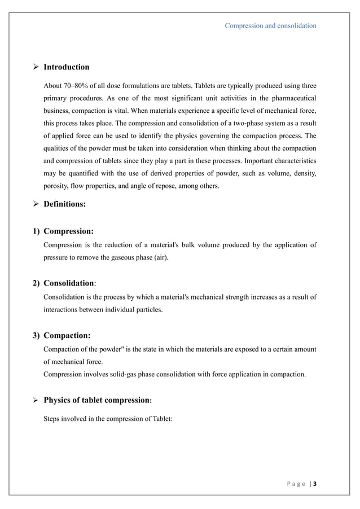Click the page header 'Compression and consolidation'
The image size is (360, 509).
[x=270, y=25]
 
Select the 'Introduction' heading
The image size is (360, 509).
[x=66, y=67]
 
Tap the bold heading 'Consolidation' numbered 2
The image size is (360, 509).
[x=68, y=283]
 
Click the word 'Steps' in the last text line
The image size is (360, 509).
[x=54, y=419]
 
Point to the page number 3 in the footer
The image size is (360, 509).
[x=314, y=484]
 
